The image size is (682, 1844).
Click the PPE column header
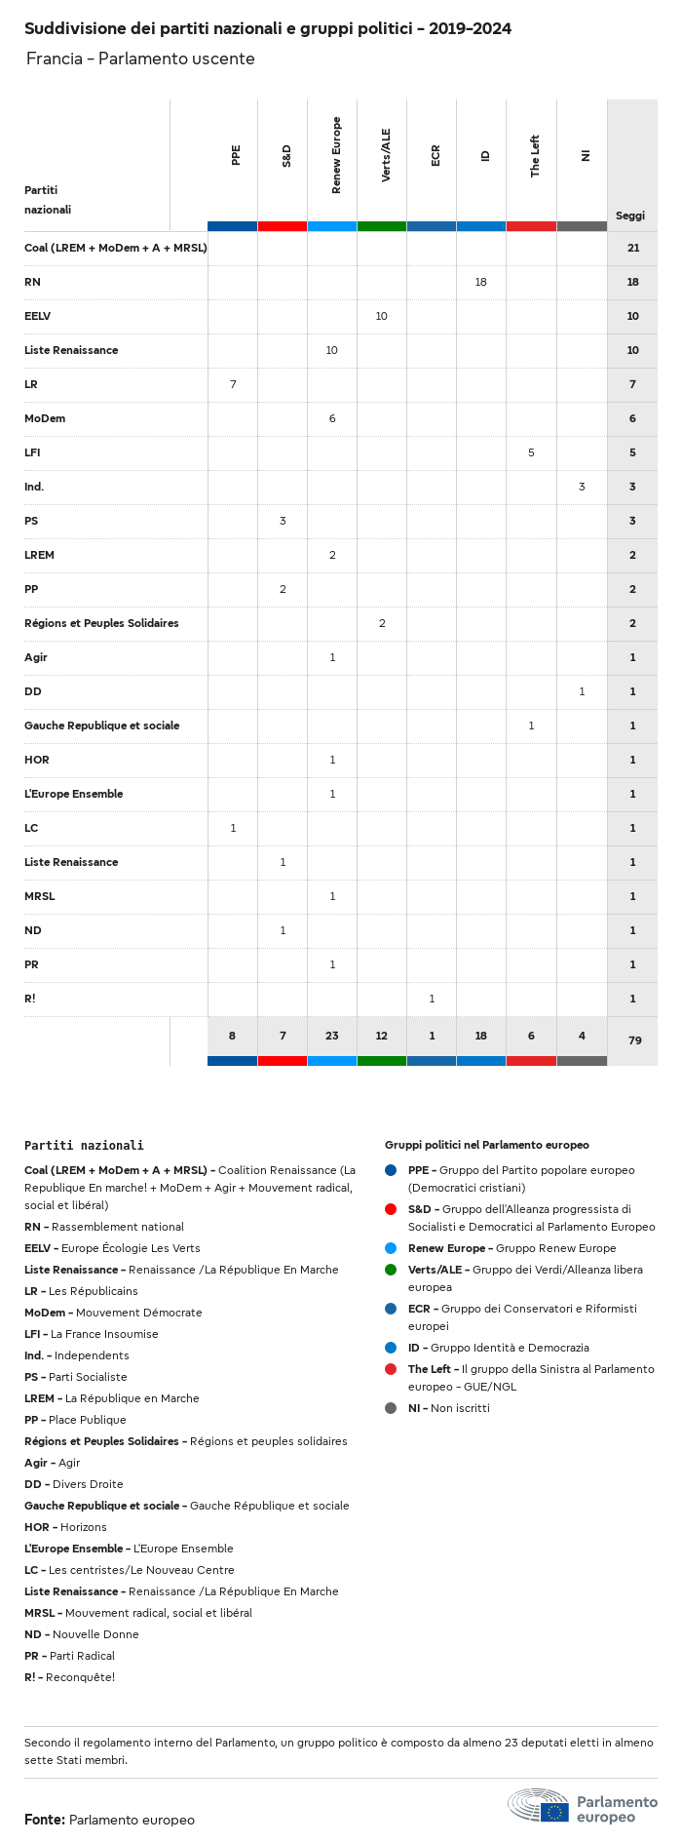[236, 156]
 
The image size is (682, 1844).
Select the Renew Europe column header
[336, 156]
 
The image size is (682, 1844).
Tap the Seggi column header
[630, 216]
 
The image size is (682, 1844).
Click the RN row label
[32, 282]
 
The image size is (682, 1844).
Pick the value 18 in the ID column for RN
[480, 282]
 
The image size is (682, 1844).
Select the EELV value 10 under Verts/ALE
[381, 316]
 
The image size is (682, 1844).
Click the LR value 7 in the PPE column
[233, 384]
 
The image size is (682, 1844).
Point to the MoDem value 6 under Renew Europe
[332, 418]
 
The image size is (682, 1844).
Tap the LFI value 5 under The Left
[531, 452]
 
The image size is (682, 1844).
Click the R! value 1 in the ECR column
[432, 999]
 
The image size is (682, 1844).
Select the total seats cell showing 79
[634, 1040]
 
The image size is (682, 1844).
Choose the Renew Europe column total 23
[332, 1036]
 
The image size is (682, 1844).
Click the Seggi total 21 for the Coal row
[633, 248]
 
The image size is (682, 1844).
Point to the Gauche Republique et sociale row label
[102, 726]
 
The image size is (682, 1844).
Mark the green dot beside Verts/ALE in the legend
[391, 1270]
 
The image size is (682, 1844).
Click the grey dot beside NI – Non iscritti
[391, 1408]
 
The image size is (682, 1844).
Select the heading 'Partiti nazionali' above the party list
[84, 1146]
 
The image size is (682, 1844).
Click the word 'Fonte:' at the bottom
[45, 1820]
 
